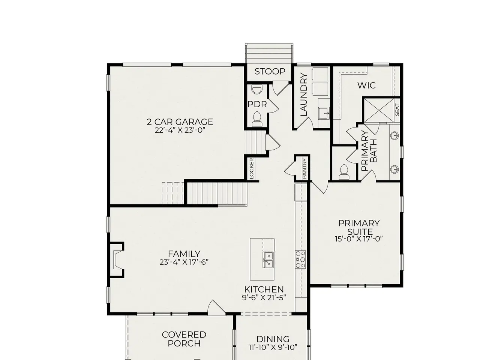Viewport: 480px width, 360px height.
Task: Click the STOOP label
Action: point(270,72)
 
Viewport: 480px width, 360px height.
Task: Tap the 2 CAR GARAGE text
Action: point(180,122)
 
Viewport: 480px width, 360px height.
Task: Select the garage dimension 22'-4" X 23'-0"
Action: point(180,130)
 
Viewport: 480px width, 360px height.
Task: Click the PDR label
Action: point(257,105)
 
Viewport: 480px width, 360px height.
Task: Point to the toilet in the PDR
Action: point(257,119)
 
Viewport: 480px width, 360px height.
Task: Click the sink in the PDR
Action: point(257,89)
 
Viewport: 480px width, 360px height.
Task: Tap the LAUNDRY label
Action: point(304,94)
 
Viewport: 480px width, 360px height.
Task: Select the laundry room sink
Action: point(324,113)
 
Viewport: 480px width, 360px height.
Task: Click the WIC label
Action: point(366,85)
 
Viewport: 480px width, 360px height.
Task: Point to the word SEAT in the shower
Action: point(397,110)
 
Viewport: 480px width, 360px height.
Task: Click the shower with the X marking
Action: point(379,110)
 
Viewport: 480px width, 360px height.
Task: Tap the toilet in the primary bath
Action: point(344,172)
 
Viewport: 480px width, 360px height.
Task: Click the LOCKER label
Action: point(252,168)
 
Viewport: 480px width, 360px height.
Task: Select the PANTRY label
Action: point(304,168)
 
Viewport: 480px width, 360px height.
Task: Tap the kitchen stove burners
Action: point(300,259)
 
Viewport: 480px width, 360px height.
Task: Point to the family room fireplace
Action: point(117,260)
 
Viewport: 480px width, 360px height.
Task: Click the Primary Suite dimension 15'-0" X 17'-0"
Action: point(359,239)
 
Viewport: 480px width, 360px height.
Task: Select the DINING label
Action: point(273,339)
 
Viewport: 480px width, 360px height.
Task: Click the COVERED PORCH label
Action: point(184,339)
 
